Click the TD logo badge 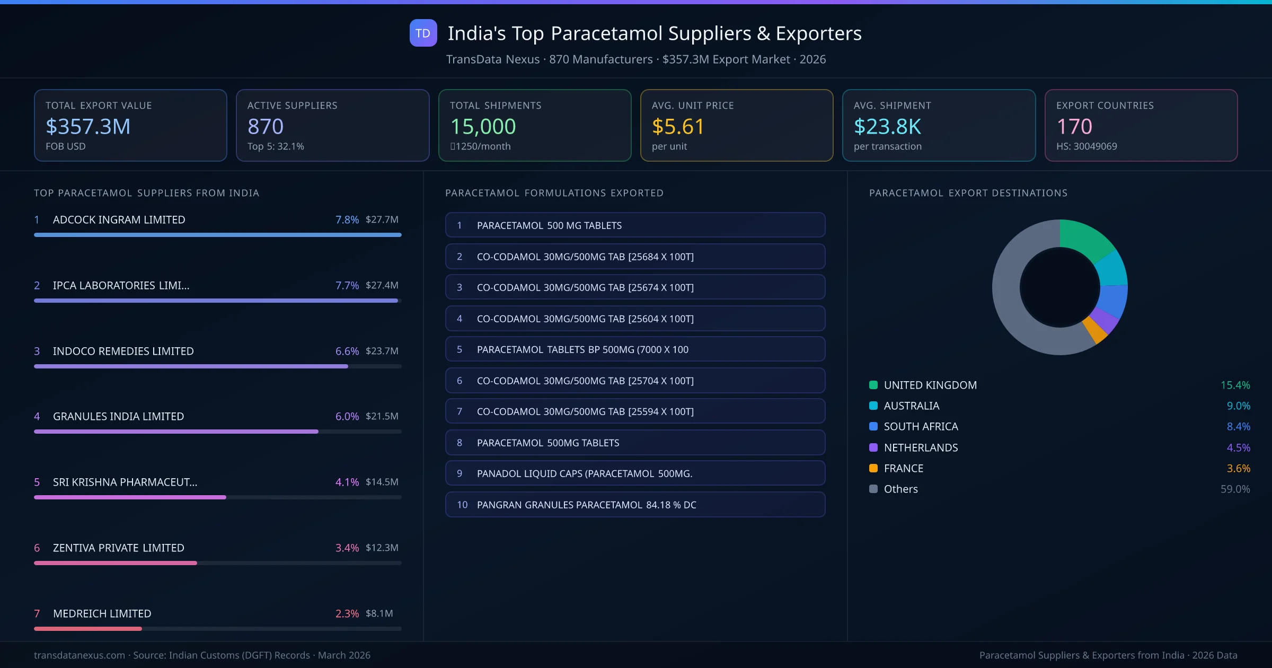pos(423,33)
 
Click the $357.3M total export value pos(88,126)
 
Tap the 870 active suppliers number pos(266,126)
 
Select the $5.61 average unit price pos(678,126)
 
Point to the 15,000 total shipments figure pos(483,126)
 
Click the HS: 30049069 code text pos(1086,146)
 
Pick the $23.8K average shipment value pos(887,126)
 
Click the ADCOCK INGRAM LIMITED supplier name pos(119,219)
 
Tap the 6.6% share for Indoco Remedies pos(347,351)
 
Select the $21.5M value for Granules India pos(382,416)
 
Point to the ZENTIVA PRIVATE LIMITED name pos(118,548)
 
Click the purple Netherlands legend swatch pos(873,447)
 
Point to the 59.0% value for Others pos(1235,489)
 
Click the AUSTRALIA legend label pos(911,406)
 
